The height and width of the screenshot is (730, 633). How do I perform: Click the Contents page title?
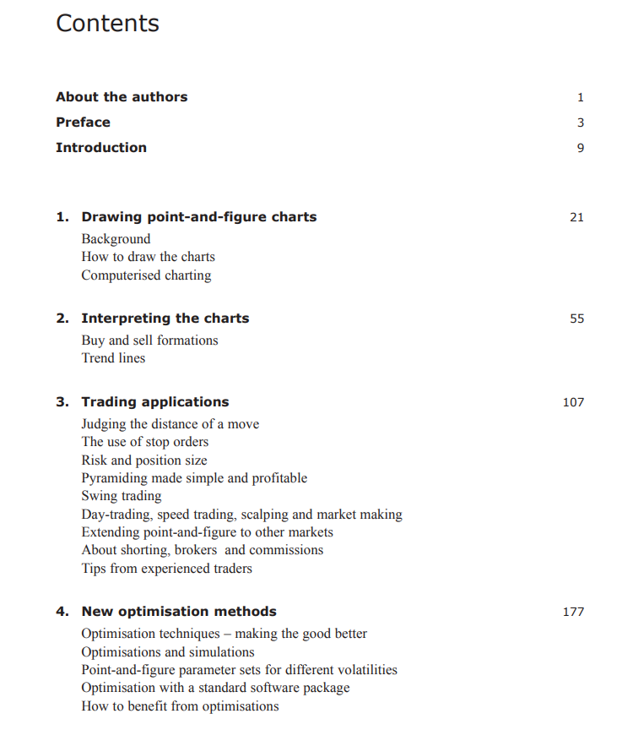107,24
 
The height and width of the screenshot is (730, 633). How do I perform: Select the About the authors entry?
122,97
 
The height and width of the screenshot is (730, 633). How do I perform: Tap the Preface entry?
83,123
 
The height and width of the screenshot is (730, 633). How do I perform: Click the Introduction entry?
101,148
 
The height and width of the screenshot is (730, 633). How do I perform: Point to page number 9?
580,148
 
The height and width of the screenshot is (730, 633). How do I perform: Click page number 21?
576,217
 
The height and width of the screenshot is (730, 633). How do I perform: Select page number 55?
576,319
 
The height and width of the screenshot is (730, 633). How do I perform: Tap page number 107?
573,402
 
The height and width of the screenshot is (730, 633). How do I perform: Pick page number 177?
573,612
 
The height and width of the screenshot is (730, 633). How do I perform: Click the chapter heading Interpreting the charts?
165,319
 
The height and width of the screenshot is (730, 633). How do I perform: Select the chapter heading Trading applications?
154,402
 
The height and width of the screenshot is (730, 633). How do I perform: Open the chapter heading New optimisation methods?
178,612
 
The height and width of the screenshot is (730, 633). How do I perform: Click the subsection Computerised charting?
146,275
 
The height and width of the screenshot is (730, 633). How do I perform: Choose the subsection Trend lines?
113,358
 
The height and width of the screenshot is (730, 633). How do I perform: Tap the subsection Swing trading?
121,496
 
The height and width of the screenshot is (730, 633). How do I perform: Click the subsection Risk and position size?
143,460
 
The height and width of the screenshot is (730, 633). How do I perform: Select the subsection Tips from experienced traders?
166,569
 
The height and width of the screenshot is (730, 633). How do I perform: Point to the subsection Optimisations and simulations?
167,652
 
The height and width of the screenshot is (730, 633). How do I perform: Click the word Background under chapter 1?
116,239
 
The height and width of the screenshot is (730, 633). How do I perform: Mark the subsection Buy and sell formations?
149,340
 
